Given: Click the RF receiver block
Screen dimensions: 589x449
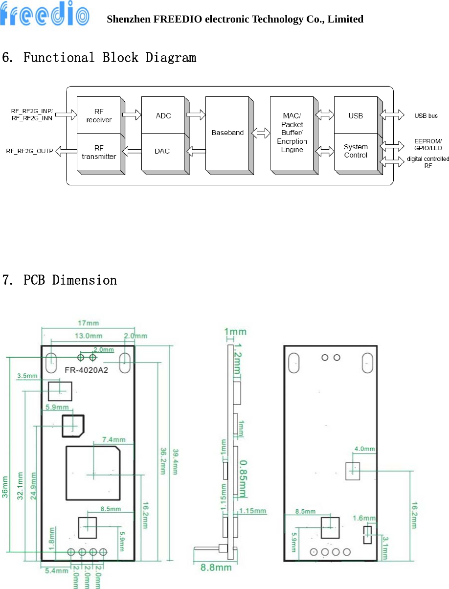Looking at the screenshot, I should click(99, 116).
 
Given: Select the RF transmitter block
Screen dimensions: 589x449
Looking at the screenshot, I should click(99, 152).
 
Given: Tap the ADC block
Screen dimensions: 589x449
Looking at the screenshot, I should click(163, 116).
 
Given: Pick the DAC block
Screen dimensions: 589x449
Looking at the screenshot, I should click(162, 151).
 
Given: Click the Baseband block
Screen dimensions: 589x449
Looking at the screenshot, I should click(227, 133).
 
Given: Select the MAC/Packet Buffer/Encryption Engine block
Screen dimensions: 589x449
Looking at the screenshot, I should click(292, 133).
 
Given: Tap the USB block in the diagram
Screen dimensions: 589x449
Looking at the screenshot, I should click(356, 116).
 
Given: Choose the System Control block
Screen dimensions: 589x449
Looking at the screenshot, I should click(356, 151).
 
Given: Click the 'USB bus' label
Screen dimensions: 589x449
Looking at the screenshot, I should click(426, 116).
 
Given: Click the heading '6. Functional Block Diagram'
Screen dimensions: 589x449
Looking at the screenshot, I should click(99, 58).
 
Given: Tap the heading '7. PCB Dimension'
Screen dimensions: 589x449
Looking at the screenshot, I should click(60, 280).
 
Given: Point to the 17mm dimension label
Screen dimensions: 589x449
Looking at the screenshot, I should click(86, 323).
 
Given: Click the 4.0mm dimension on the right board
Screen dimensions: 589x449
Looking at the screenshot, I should click(364, 449).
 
